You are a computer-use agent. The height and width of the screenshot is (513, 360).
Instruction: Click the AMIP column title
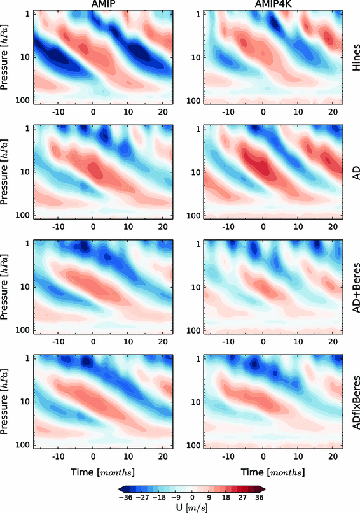click(101, 5)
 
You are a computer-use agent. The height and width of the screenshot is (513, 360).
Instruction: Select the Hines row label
click(352, 56)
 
